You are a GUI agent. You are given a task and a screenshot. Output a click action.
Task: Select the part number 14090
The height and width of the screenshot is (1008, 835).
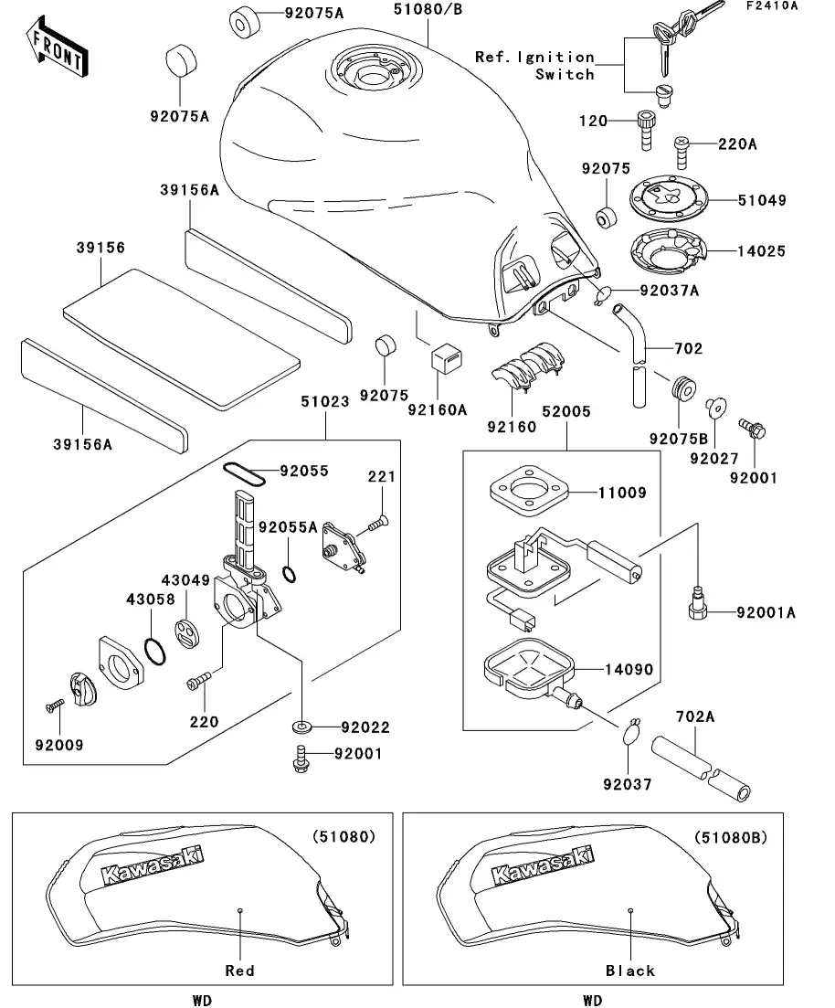[629, 670]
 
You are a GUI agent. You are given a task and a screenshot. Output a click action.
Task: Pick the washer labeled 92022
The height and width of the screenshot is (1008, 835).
[301, 727]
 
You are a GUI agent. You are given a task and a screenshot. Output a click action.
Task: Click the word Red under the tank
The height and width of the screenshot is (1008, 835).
[239, 971]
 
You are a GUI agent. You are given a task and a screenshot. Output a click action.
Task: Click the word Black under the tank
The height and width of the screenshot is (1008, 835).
[630, 971]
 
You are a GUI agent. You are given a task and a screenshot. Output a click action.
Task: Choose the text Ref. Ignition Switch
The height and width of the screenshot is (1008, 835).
[534, 66]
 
